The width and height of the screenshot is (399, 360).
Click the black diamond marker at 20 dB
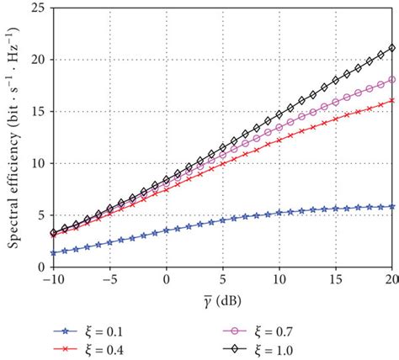(392, 48)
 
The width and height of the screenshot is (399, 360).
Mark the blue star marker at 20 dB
(392, 206)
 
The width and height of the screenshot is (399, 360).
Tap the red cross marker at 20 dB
(392, 101)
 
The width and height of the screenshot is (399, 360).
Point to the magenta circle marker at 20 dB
(392, 80)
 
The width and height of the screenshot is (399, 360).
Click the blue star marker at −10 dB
(54, 252)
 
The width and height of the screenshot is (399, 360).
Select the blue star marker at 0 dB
(167, 230)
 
